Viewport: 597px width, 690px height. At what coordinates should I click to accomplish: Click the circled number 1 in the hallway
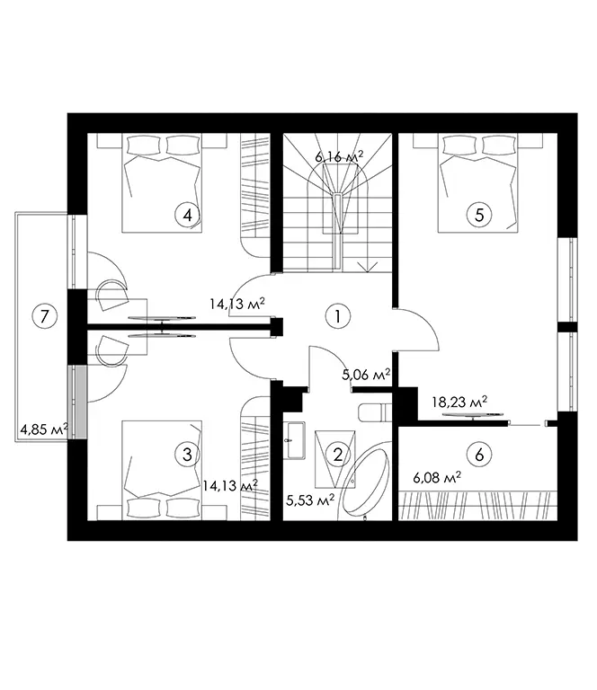point(338,316)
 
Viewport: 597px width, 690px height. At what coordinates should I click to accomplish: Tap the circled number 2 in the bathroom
point(338,454)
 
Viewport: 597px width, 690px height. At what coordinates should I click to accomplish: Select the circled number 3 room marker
point(188,454)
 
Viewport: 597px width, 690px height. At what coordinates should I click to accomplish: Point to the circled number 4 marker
point(188,216)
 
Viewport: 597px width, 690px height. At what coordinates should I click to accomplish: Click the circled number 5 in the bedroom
point(479,216)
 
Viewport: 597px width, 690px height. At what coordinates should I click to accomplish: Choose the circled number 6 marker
point(479,454)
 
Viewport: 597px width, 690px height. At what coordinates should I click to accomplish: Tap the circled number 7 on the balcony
point(44,316)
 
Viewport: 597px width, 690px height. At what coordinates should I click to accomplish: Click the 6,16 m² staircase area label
point(339,156)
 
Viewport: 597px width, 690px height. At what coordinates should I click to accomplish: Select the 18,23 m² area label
point(459,402)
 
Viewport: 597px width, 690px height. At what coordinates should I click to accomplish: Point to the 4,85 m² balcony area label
point(44,429)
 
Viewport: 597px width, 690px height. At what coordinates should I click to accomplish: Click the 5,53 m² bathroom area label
point(310,500)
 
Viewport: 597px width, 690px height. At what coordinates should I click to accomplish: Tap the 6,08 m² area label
point(437,477)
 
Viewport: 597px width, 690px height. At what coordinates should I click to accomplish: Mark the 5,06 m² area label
point(366,375)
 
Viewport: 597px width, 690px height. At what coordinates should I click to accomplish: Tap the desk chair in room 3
point(111,350)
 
